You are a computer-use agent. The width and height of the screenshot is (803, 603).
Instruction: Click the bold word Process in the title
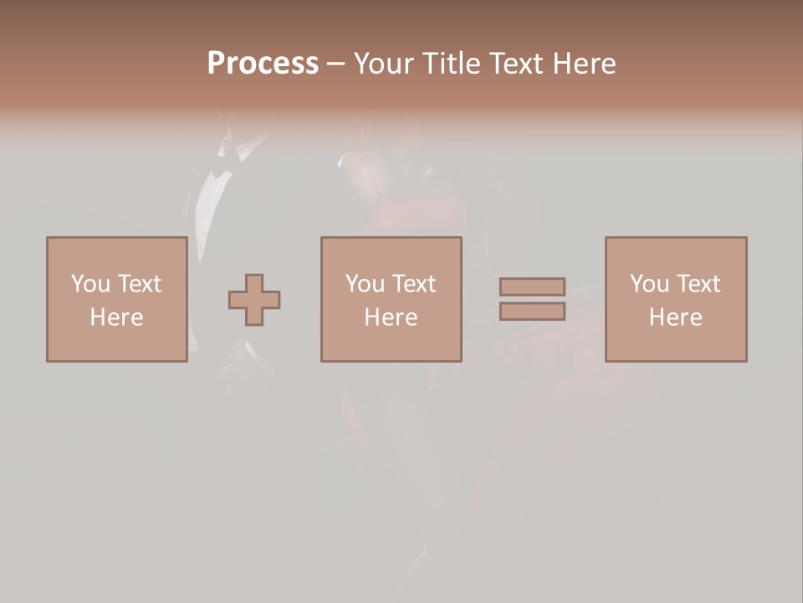coord(263,64)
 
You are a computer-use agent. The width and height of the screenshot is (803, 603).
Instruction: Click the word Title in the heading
coord(450,64)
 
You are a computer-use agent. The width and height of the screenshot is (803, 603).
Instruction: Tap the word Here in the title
coord(583,64)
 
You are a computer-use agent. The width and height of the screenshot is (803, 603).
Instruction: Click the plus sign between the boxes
coord(254,300)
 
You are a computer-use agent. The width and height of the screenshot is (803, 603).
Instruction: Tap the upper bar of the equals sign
coord(532,286)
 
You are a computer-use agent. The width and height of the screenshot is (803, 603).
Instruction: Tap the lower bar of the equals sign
coord(532,312)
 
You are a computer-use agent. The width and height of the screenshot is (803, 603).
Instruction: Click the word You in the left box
coord(90,284)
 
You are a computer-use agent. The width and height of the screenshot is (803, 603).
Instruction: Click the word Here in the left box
coord(116,317)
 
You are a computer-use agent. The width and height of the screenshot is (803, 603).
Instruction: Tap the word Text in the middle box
coord(414,284)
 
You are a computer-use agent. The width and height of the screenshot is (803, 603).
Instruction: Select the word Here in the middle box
coord(391,317)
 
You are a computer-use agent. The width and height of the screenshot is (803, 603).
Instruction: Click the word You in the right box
coord(649,284)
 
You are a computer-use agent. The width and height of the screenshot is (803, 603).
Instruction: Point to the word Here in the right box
coord(675,317)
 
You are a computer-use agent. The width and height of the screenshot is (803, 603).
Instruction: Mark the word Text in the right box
coord(698,284)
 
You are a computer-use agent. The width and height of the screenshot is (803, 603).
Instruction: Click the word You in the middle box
coord(365,284)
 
